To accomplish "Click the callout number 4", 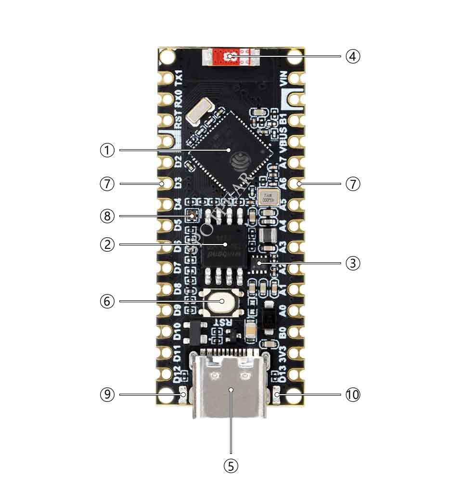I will point(353,56).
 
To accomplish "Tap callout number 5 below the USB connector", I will point(231,466).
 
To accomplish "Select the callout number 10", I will point(353,395).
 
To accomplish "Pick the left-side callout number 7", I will point(107,184).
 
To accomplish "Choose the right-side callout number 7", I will point(353,184).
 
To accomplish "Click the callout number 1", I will point(107,150).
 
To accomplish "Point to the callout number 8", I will point(107,216).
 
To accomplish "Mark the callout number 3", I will point(353,263).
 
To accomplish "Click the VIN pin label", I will point(283,78).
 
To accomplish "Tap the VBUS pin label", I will point(283,137).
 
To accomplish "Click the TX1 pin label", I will point(178,78).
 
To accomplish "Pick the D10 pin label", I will point(178,332).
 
